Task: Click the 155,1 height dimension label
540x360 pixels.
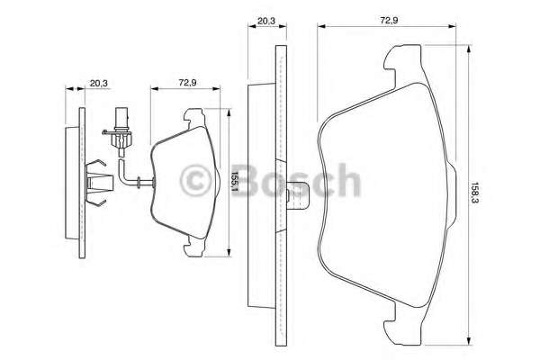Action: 234,183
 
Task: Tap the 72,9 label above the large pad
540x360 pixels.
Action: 389,21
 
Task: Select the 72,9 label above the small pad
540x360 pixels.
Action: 187,83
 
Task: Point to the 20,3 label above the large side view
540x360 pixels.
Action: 266,21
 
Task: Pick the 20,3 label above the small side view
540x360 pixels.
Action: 99,83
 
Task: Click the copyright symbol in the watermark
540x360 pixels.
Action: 195,180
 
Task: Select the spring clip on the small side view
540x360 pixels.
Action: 97,183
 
